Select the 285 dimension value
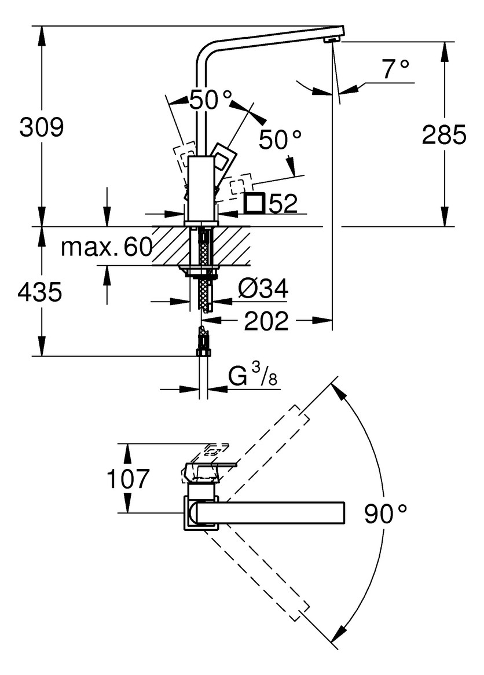coord(443,135)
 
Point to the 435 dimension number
coord(39,292)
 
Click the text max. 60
coord(106,247)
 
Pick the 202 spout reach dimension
coord(266,321)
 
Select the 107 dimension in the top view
coord(128,479)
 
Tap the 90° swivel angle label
coord(386,513)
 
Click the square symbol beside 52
coord(254,203)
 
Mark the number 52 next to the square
coord(283,204)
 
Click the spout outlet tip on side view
coord(331,39)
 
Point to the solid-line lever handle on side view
coord(223,156)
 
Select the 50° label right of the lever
coord(280,140)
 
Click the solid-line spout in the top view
coord(272,513)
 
